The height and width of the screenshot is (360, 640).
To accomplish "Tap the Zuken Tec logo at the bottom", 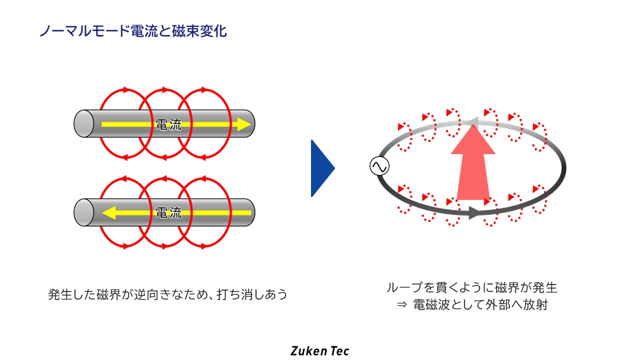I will click(x=319, y=350).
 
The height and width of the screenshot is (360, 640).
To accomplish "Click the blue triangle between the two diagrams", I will click(x=321, y=168).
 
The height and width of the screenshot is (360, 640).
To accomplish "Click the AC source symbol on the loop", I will click(x=379, y=166).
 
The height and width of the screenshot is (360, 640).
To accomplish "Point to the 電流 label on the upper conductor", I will click(x=168, y=124).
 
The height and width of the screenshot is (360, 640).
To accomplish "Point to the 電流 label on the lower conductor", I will click(x=168, y=213).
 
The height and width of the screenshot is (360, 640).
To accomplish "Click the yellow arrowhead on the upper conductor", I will click(x=243, y=124).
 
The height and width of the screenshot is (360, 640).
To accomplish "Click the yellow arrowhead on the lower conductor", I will click(x=108, y=213).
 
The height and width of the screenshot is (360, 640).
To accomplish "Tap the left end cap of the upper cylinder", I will click(x=83, y=123).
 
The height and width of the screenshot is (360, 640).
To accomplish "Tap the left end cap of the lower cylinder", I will click(x=83, y=212).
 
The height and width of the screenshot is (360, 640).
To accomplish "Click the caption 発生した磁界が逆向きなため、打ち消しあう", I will click(x=168, y=294).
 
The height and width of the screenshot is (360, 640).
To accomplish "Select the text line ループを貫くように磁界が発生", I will click(x=471, y=287).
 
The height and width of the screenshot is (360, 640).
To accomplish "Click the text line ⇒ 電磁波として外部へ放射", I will click(x=471, y=305).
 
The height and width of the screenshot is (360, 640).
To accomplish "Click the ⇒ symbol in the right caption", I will click(x=401, y=305).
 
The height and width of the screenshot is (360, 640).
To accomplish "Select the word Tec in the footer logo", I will click(x=339, y=350).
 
